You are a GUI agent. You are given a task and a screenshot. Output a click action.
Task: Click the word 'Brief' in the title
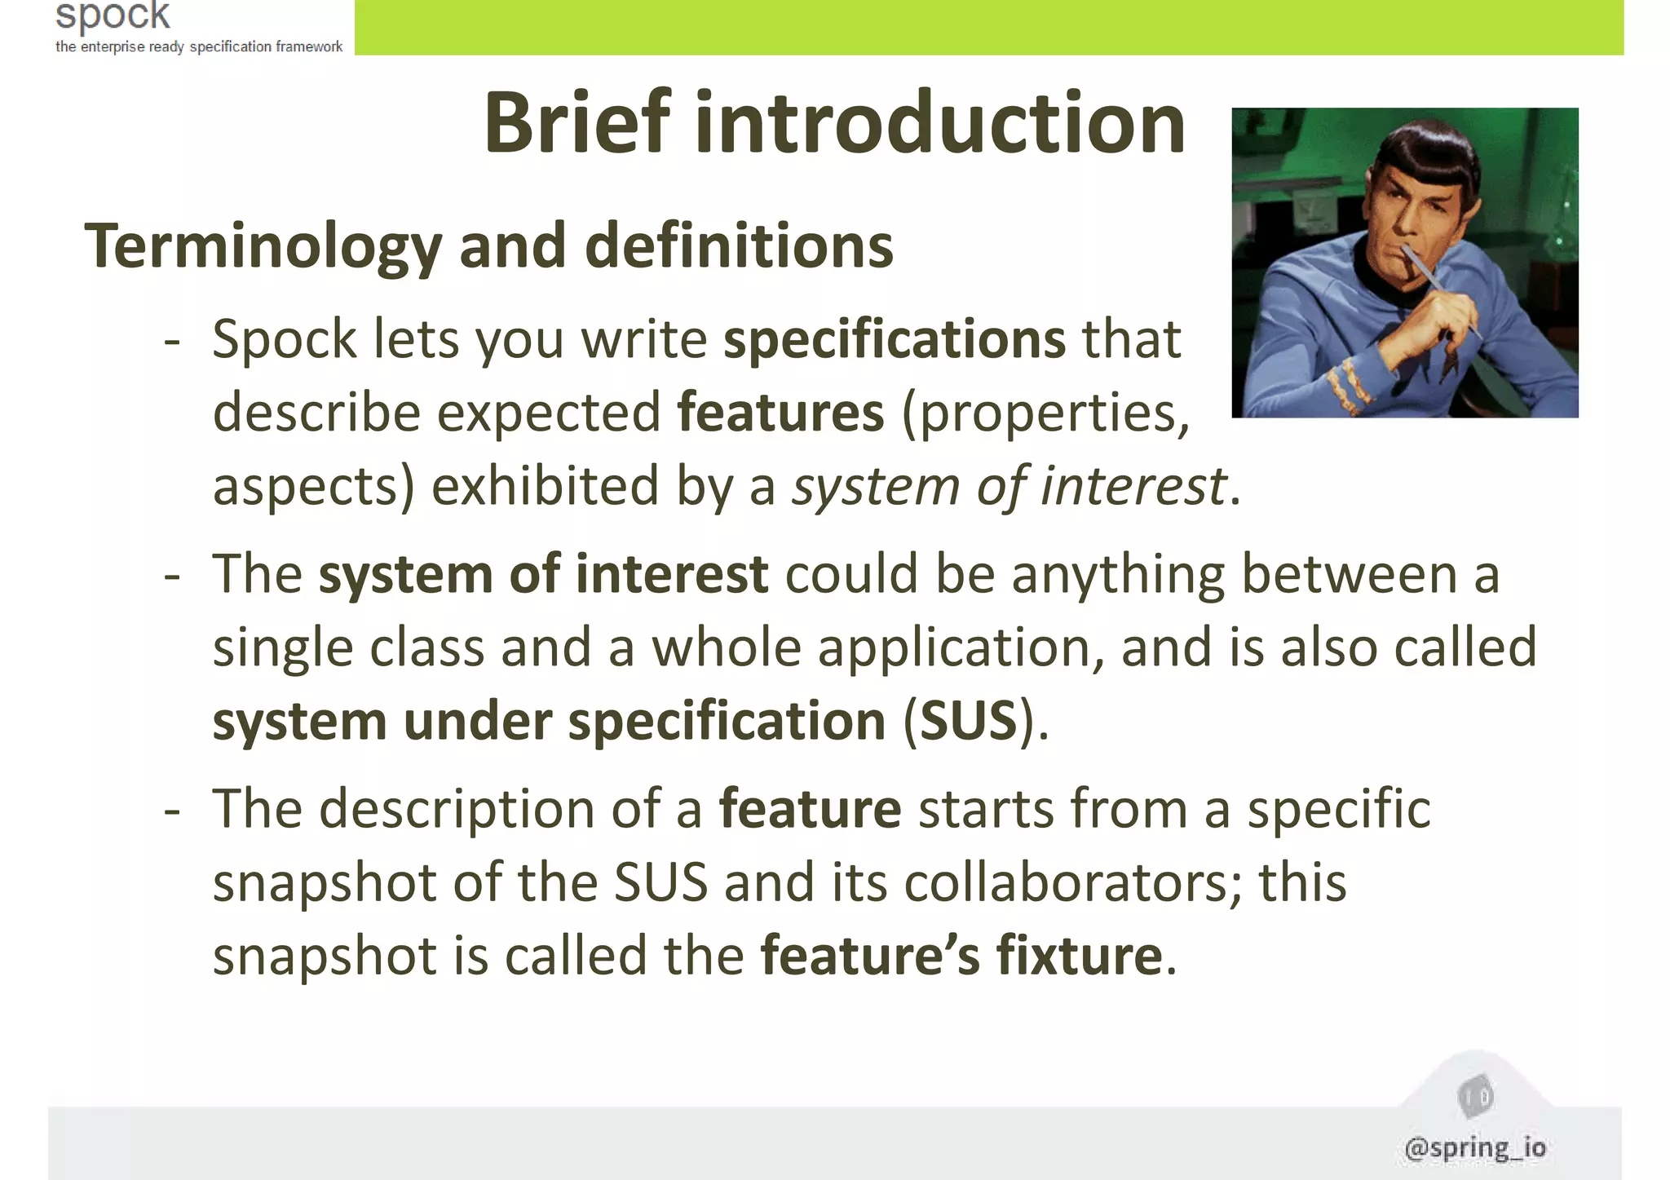point(577,124)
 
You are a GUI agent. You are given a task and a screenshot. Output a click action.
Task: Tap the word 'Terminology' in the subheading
point(263,246)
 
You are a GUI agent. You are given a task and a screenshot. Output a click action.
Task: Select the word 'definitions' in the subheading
point(739,246)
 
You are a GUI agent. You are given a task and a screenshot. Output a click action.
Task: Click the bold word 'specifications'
point(894,339)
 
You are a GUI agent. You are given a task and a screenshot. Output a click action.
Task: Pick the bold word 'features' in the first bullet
point(780,413)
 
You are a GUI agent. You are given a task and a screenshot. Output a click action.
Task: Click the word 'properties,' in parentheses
point(1045,413)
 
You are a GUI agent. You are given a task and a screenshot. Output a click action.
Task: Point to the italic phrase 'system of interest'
point(1010,486)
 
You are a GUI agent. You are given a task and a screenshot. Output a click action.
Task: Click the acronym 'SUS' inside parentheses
point(968,721)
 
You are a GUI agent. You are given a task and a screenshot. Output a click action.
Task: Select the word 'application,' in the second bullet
point(961,647)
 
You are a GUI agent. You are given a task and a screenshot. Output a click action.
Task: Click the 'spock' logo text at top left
point(113,15)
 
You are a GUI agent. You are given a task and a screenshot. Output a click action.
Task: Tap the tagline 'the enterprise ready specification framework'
point(199,46)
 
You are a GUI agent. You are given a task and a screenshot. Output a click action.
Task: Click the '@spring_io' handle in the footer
point(1474,1147)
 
